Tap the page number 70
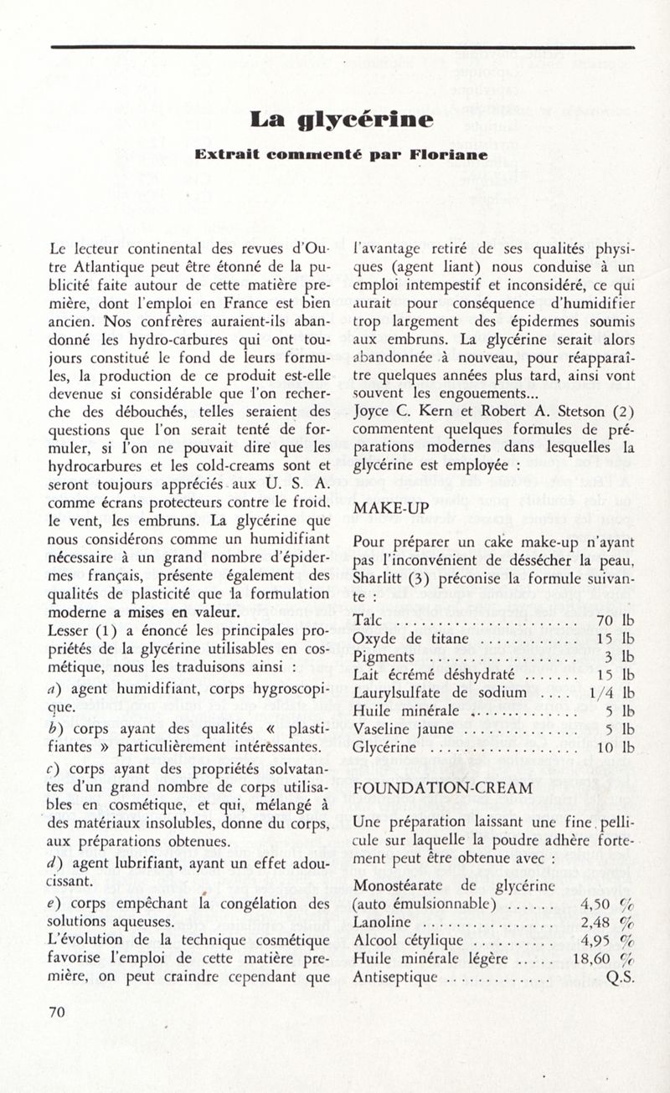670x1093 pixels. click(57, 1011)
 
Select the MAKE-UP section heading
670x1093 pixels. click(391, 508)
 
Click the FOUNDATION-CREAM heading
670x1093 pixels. click(443, 788)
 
